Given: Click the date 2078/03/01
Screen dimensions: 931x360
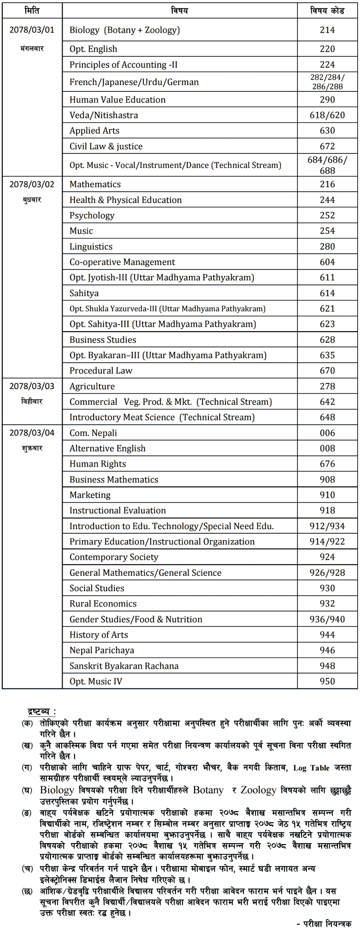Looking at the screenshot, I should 31,30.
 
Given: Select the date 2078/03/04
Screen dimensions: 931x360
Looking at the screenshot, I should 31,433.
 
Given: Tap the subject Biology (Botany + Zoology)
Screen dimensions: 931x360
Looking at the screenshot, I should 125,30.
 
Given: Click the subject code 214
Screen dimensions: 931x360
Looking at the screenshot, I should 327,30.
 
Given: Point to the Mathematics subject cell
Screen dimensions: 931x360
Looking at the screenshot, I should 95,184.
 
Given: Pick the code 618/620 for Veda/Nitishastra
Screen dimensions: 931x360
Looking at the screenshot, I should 327,115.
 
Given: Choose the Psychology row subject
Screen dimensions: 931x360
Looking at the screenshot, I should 92,216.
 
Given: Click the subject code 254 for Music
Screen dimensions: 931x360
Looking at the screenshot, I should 327,231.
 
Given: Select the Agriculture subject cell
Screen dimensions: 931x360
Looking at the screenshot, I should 92,387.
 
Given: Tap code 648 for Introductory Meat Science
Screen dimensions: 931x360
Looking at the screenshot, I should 327,418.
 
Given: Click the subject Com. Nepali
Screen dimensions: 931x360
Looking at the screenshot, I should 93,433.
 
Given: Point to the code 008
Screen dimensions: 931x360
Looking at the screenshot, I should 327,449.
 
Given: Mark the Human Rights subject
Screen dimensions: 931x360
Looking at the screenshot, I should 98,464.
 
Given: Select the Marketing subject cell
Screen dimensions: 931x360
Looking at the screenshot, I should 90,495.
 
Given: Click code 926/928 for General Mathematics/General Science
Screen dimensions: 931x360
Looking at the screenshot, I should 327,573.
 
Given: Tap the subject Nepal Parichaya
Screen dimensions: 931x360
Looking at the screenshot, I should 102,650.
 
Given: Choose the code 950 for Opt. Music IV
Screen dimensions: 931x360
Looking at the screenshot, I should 327,681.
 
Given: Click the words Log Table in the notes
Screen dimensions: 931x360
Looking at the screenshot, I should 311,768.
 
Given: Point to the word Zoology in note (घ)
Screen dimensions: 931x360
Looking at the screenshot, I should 258,790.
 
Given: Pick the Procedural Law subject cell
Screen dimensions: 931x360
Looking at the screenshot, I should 101,371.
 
